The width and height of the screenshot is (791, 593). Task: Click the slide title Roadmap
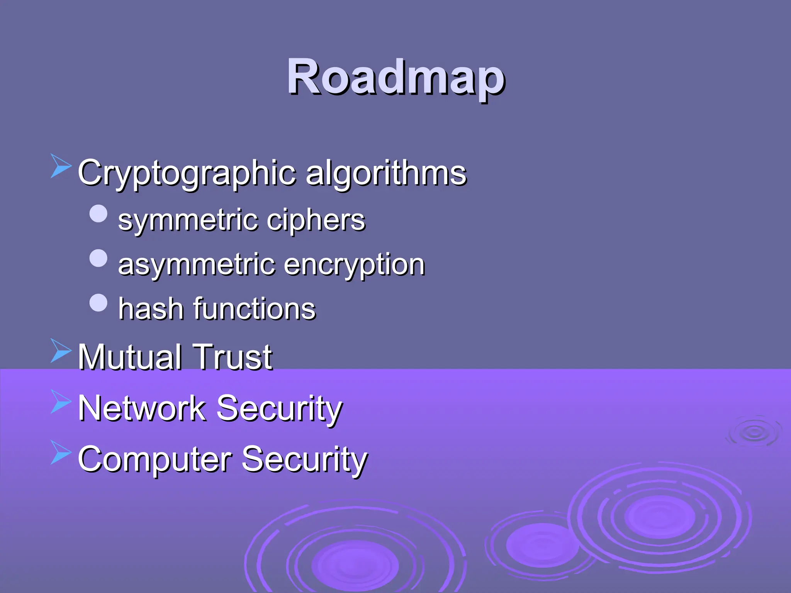pos(395,77)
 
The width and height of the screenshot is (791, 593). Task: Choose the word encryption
pos(354,265)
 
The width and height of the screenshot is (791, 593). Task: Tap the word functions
pos(255,309)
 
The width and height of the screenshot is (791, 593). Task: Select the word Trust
pos(233,357)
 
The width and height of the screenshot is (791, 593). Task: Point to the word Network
pos(142,408)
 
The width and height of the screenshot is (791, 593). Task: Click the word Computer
pos(154,459)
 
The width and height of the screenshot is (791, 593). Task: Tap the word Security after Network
pos(279,408)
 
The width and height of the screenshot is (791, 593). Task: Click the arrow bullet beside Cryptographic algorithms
pos(61,166)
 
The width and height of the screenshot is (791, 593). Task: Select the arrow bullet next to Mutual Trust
pos(61,351)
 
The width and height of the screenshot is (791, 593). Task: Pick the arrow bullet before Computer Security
pos(61,452)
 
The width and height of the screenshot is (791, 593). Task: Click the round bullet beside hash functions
pos(98,303)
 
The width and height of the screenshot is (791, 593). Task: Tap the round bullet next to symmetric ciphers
pos(98,213)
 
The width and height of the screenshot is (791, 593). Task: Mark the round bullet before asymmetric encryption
pos(98,258)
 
